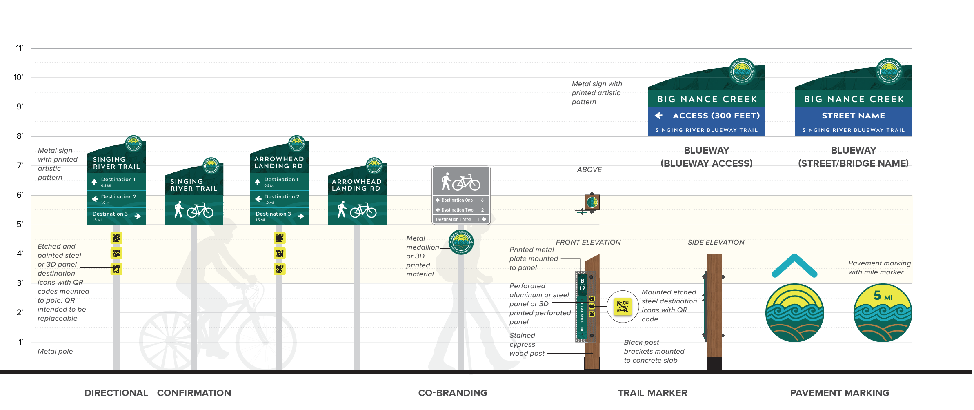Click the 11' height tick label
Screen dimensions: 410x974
(x=19, y=48)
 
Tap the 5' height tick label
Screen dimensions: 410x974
(x=20, y=224)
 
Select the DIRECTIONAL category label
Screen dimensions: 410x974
(x=116, y=393)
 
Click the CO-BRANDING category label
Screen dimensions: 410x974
(x=453, y=393)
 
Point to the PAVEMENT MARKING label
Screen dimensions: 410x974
(x=839, y=393)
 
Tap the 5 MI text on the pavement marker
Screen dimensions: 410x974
(x=883, y=295)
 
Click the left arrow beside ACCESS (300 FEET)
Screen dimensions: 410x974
(x=658, y=116)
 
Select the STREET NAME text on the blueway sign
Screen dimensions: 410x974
(x=853, y=116)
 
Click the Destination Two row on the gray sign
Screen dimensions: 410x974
(x=461, y=210)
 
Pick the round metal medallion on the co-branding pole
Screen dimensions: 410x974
(x=461, y=242)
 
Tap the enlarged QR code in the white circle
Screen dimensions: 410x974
(x=623, y=307)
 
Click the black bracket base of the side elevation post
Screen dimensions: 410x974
(x=714, y=364)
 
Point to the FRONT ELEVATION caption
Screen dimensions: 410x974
(x=588, y=242)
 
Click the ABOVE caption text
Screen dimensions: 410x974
(x=589, y=169)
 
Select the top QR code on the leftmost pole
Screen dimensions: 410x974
(x=116, y=238)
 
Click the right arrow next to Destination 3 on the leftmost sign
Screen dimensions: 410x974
(x=138, y=216)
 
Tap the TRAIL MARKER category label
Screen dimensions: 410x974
(x=652, y=393)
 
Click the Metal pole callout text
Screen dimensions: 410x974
(x=55, y=351)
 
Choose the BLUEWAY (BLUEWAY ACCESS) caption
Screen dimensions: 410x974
(x=706, y=157)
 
